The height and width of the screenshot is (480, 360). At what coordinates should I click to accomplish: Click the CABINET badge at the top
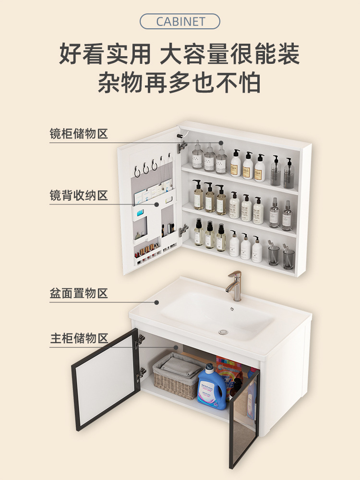pyautogui.click(x=180, y=22)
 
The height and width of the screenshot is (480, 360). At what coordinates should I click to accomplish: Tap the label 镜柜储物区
pyautogui.click(x=79, y=133)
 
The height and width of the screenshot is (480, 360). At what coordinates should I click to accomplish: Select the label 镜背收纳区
pyautogui.click(x=79, y=195)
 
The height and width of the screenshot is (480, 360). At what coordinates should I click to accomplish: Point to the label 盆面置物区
pyautogui.click(x=79, y=293)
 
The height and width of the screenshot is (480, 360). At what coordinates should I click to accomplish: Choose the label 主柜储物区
pyautogui.click(x=79, y=338)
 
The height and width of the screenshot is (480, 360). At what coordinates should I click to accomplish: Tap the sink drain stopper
pyautogui.click(x=223, y=332)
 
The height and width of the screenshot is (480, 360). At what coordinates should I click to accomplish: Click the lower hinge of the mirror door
pyautogui.click(x=183, y=231)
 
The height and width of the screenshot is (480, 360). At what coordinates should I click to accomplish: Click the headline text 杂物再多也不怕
pyautogui.click(x=180, y=83)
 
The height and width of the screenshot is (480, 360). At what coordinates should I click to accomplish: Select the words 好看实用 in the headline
pyautogui.click(x=105, y=54)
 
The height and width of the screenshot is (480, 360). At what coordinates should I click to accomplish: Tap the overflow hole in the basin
pyautogui.click(x=232, y=308)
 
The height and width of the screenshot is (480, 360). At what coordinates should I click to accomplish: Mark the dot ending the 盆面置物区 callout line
pyautogui.click(x=156, y=302)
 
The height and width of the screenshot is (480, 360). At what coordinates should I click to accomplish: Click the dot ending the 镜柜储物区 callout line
pyautogui.click(x=221, y=143)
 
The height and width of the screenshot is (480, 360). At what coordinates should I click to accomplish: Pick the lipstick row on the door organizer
pyautogui.click(x=147, y=251)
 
